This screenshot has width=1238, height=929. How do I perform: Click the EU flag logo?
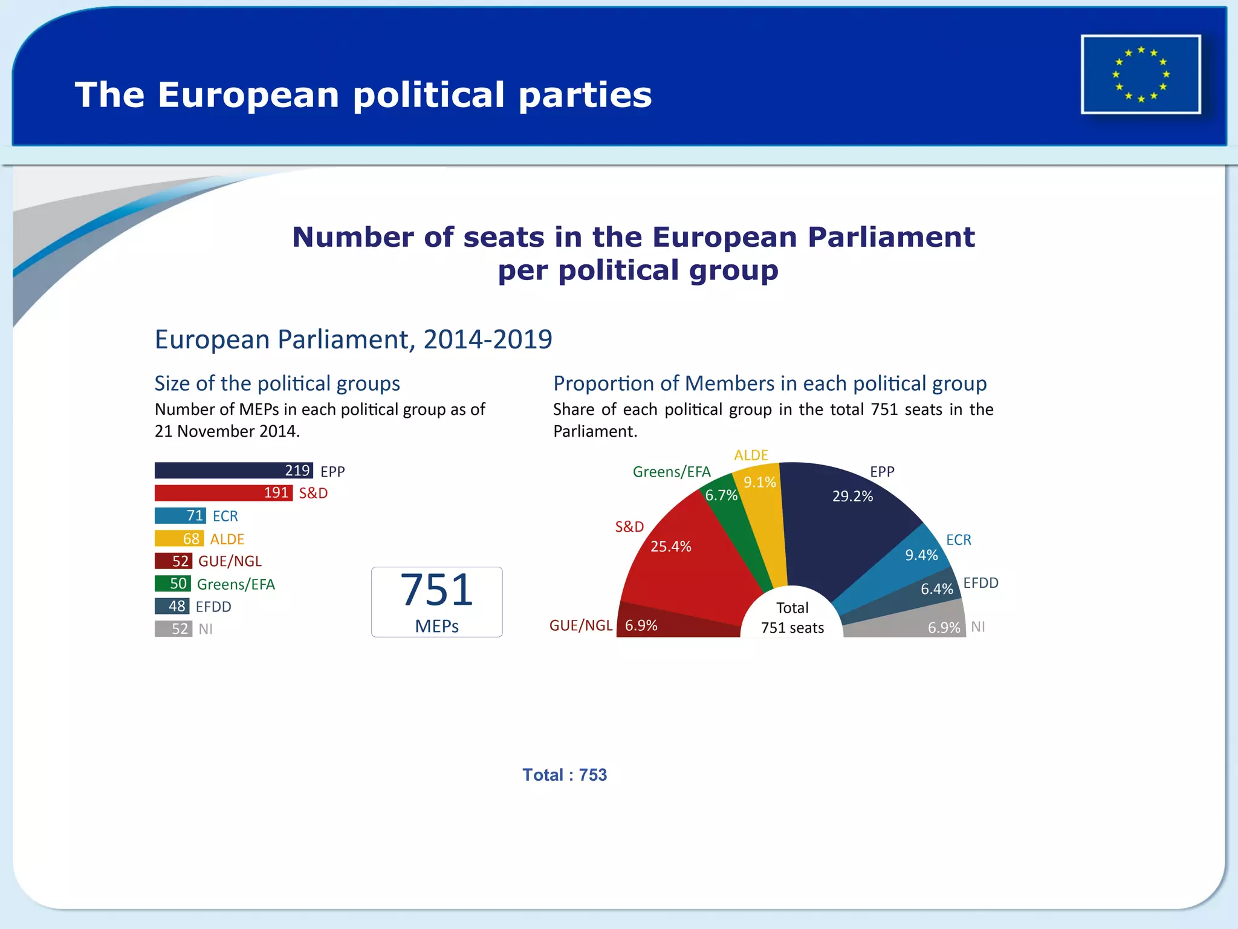point(1141,74)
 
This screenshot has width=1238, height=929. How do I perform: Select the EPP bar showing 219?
point(233,471)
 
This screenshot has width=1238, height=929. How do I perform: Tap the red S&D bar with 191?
point(223,493)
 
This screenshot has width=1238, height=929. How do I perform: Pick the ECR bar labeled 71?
point(180,516)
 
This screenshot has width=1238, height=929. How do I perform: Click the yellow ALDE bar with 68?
point(179,538)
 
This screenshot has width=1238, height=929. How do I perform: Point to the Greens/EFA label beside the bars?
point(236,584)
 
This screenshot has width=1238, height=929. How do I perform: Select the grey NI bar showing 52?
point(173,629)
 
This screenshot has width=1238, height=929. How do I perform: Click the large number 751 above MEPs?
point(436,590)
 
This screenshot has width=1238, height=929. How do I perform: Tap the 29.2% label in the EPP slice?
point(852,497)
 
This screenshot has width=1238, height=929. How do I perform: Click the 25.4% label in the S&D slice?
point(670,547)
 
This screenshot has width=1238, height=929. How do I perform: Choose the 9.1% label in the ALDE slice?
point(759,482)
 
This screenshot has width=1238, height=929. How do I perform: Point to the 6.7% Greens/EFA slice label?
point(721,495)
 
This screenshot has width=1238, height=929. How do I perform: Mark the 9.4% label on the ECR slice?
point(921,555)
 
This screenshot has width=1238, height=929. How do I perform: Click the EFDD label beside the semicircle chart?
point(980,583)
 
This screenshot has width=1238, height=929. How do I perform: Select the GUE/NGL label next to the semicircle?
point(580,625)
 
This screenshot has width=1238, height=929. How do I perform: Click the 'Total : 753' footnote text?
point(565,775)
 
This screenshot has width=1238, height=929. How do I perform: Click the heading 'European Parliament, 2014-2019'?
point(353,339)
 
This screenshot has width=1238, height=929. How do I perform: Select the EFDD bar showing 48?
point(172,606)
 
